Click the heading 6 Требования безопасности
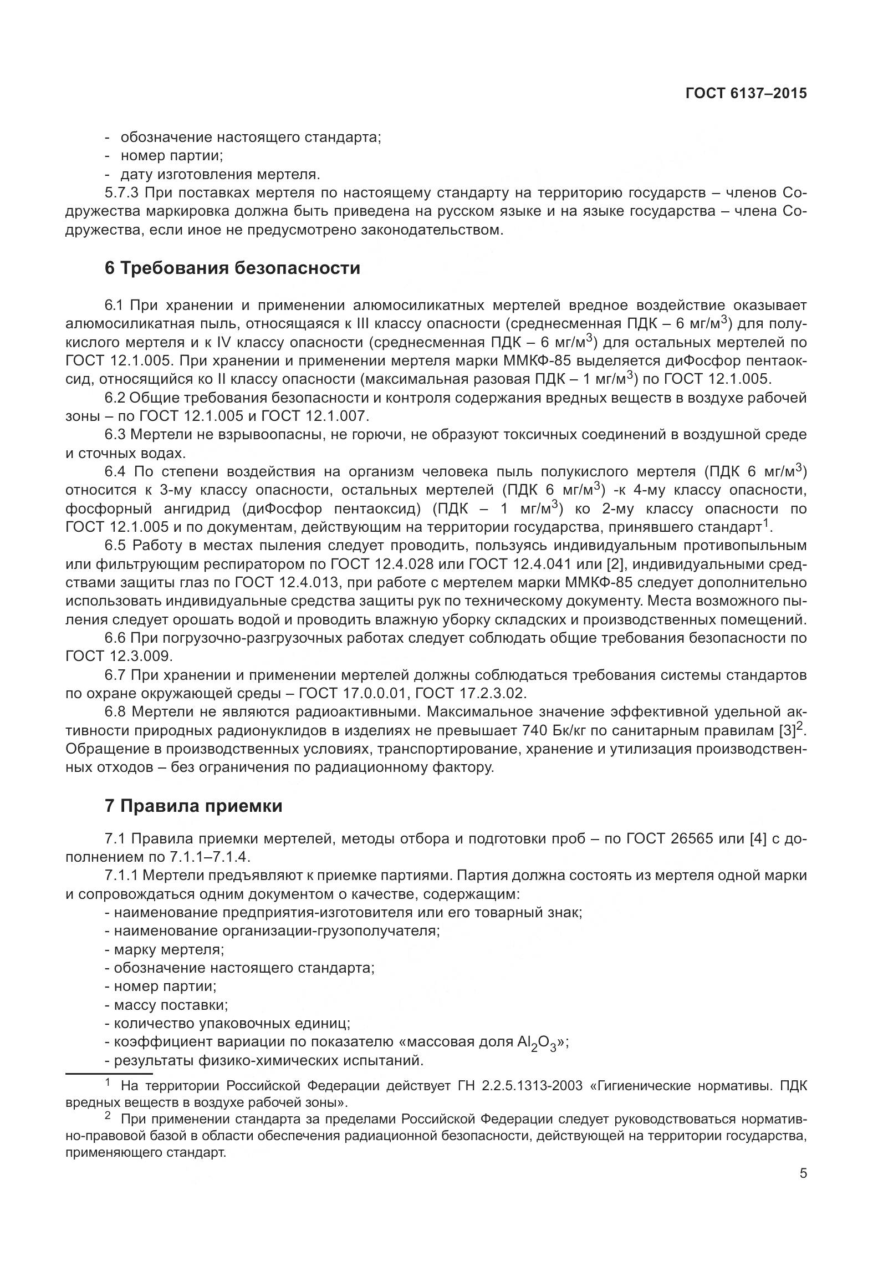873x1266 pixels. tap(232, 268)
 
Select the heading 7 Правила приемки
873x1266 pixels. tap(193, 805)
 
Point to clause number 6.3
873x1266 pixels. tap(116, 435)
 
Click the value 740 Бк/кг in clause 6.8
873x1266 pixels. tap(559, 730)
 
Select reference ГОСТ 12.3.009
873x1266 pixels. tap(119, 656)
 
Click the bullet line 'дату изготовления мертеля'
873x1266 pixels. tap(220, 175)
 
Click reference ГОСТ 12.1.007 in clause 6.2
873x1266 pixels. tap(314, 416)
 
